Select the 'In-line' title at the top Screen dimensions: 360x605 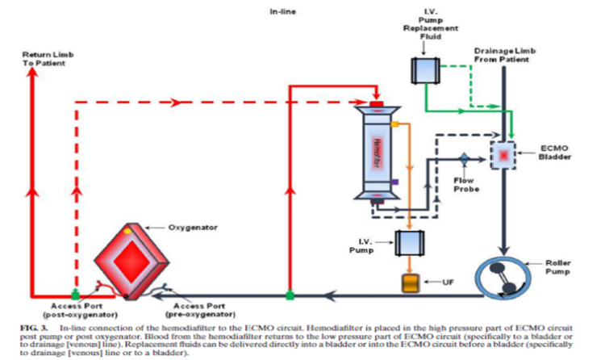coord(282,12)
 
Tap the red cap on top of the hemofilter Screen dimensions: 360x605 coord(377,104)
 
